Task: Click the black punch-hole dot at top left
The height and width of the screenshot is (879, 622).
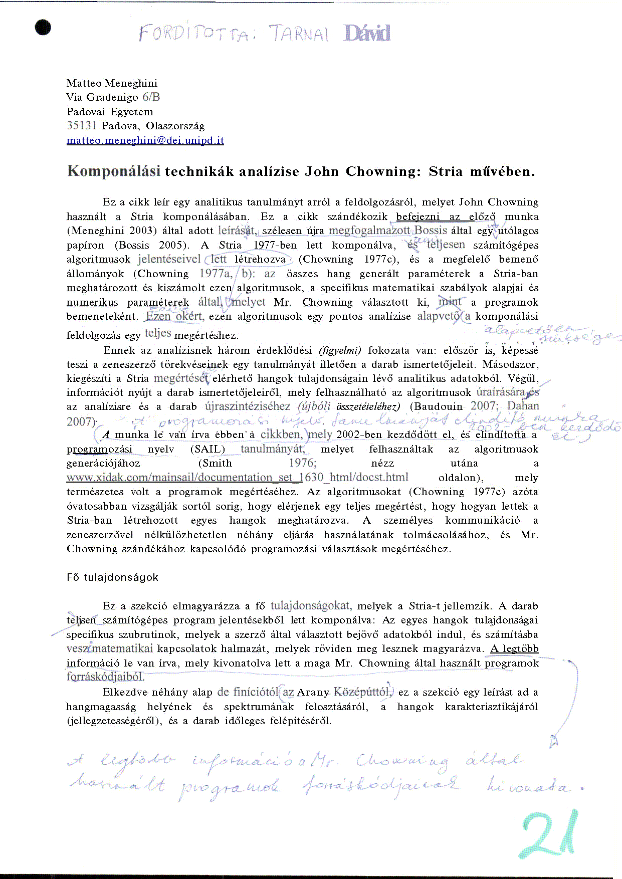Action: [x=43, y=27]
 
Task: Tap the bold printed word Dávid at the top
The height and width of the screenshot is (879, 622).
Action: [x=367, y=33]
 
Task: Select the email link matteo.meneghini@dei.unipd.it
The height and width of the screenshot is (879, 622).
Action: [x=145, y=140]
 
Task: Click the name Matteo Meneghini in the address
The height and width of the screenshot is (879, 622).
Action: [x=112, y=83]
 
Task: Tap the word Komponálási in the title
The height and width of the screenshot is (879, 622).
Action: [x=114, y=171]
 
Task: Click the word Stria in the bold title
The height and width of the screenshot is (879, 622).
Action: [x=446, y=171]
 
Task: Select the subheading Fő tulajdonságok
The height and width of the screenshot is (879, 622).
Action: [x=112, y=577]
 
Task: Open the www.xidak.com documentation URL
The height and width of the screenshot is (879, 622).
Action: [x=237, y=478]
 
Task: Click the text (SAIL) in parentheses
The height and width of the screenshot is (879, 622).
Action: [x=208, y=449]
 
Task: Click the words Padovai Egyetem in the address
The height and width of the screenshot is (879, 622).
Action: [x=110, y=112]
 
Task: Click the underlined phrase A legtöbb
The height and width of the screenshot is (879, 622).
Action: [x=514, y=649]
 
